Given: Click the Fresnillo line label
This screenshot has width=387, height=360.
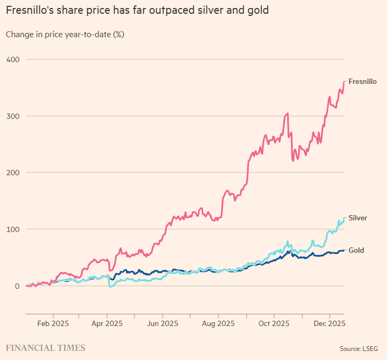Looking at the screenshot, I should (x=363, y=81).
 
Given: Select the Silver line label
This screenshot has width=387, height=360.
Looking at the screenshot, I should (x=357, y=218).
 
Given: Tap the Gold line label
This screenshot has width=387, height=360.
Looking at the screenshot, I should (x=356, y=250).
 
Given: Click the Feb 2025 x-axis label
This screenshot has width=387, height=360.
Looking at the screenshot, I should (x=53, y=323).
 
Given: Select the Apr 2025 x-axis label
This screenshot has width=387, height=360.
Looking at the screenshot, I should (x=107, y=323).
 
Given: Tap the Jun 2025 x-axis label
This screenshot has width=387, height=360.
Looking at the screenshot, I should (x=162, y=323).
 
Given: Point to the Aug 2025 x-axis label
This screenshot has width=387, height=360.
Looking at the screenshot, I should (x=218, y=323).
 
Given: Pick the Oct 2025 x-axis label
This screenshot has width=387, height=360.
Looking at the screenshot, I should (x=273, y=323).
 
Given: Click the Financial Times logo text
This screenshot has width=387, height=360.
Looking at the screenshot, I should (x=45, y=348).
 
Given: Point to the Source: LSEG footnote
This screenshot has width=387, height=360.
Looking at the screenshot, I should (x=360, y=348).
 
